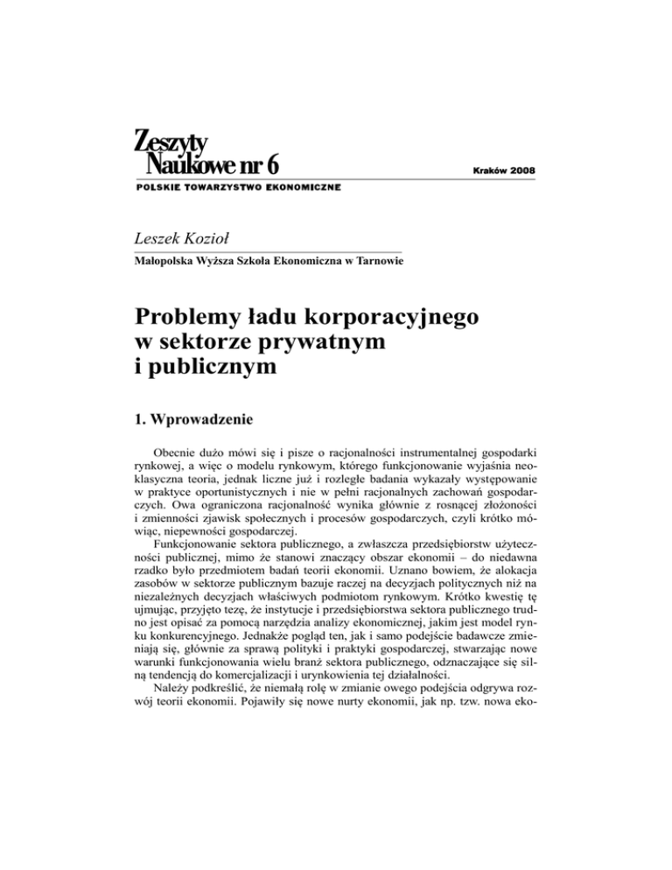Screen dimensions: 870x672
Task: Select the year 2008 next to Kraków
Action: click(x=519, y=167)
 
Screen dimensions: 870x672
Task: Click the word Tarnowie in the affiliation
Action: click(x=378, y=261)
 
